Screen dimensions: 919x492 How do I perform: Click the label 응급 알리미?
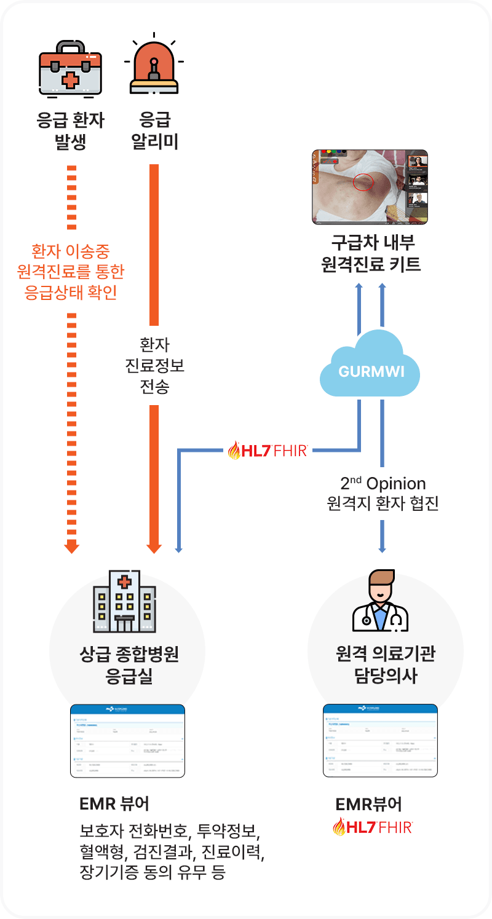(x=155, y=131)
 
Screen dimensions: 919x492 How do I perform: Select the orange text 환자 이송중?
(x=71, y=251)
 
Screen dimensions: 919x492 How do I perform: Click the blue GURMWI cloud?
(x=370, y=369)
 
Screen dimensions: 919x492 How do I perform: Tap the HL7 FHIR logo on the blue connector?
(x=268, y=451)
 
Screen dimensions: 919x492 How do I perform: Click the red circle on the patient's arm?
(x=363, y=181)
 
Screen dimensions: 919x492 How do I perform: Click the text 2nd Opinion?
(x=383, y=484)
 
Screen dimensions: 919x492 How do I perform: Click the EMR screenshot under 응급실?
(x=127, y=741)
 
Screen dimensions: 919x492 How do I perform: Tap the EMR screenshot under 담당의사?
(x=380, y=741)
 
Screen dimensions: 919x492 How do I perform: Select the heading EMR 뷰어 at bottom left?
(x=114, y=803)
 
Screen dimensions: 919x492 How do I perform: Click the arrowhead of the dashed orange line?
(x=72, y=546)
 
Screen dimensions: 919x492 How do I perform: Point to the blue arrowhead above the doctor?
(x=382, y=546)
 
